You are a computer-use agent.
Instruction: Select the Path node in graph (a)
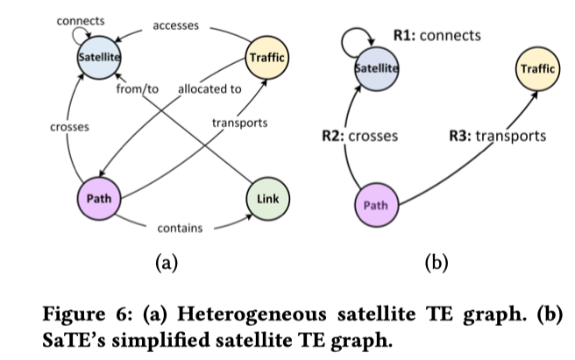[97, 198]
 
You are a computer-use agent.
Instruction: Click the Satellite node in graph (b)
[376, 67]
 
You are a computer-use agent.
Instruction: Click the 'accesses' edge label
[176, 25]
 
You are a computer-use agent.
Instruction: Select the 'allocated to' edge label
[209, 88]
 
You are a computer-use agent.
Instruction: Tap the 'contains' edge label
[180, 229]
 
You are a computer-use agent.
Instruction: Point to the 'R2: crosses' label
[360, 136]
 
